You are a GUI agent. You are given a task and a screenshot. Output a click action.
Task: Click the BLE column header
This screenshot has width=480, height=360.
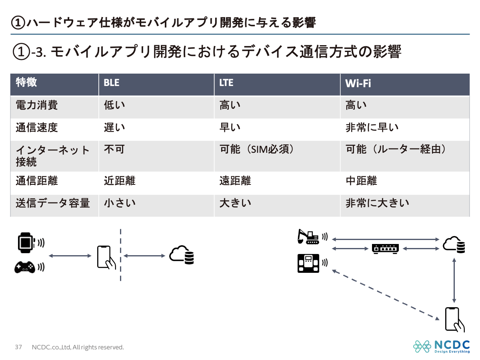coord(112,83)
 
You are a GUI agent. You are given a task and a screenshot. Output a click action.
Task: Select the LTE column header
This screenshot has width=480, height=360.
coord(226,83)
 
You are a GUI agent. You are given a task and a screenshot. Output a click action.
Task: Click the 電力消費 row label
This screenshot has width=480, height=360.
coord(37,105)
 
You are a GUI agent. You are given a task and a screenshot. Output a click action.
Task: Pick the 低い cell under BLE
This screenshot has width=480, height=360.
coord(114,105)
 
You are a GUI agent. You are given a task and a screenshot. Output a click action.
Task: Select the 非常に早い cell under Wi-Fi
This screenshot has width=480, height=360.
coord(372,128)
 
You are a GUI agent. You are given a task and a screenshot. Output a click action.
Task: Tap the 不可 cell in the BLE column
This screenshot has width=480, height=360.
coord(114,150)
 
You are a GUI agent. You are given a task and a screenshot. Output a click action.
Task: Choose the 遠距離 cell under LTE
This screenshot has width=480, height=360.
coord(235,181)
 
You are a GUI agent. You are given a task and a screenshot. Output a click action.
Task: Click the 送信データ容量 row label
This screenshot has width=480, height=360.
coord(52,203)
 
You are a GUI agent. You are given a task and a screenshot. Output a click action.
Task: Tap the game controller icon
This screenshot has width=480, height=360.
coord(25,267)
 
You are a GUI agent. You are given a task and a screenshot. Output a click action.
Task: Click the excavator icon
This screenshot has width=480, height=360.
coord(308,236)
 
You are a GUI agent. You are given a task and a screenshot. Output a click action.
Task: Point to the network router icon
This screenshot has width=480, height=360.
coord(385,249)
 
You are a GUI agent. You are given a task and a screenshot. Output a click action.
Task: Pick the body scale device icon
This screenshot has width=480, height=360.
coord(308,264)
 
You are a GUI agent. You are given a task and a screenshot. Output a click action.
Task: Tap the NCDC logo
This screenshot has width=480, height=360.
coord(442,346)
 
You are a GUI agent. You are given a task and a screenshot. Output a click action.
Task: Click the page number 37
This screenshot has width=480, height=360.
coord(18,347)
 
